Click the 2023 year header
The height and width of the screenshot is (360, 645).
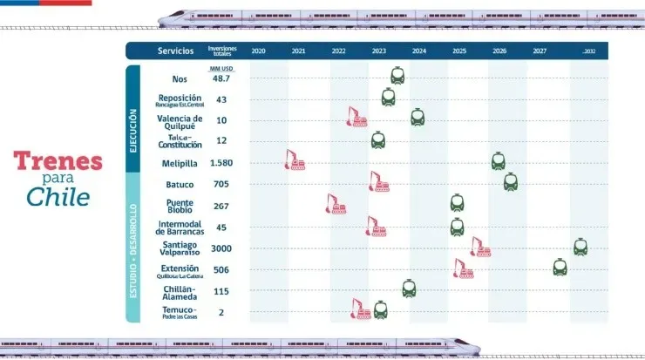[x=378, y=51]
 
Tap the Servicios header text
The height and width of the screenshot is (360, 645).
[x=176, y=51]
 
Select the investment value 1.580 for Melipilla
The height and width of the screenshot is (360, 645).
[x=221, y=163]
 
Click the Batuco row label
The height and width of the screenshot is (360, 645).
[x=180, y=185]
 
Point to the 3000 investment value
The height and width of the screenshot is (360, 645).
[x=221, y=248]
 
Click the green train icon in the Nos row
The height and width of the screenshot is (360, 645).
[x=397, y=76]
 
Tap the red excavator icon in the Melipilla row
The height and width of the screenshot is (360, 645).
[x=295, y=160]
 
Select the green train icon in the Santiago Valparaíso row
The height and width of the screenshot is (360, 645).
[x=580, y=247]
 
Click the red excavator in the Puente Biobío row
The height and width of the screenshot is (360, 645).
[x=336, y=204]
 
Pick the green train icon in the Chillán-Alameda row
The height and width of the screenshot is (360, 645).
[x=409, y=288]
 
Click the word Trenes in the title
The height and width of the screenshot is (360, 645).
[x=58, y=160]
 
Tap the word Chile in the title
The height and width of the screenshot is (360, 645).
[x=58, y=197]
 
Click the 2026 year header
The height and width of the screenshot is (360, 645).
[x=499, y=51]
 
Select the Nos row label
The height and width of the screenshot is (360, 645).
[x=180, y=79]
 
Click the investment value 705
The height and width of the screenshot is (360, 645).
[x=221, y=184]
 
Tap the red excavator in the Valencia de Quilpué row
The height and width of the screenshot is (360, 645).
[x=356, y=117]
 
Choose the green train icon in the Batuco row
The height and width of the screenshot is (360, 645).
[x=511, y=181]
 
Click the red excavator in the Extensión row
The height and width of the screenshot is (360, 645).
[x=463, y=268]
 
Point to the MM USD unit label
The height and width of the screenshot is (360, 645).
[x=221, y=67]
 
